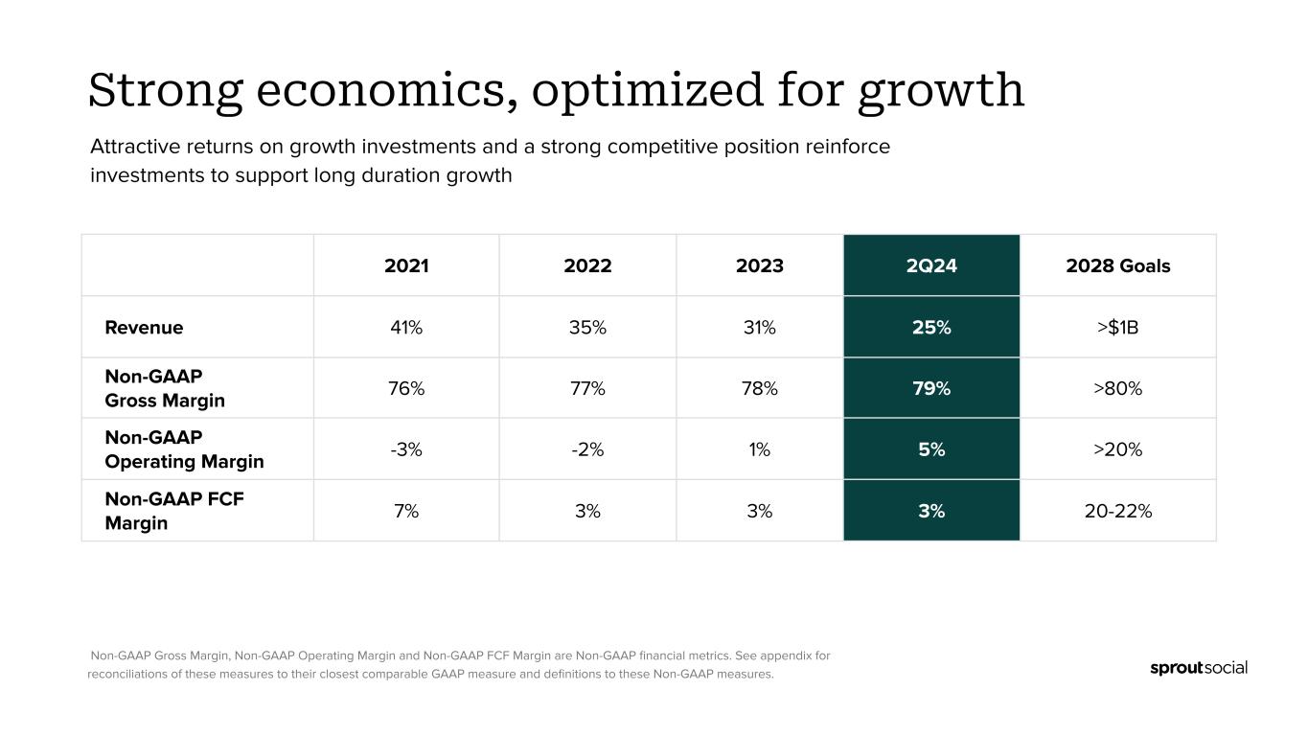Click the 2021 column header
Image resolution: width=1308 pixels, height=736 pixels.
point(406,265)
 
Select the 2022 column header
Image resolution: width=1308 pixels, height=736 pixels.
point(587,265)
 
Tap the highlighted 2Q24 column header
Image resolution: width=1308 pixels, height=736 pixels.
point(931,265)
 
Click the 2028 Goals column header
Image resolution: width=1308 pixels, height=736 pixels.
point(1118,265)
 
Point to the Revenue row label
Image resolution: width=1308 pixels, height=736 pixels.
point(144,327)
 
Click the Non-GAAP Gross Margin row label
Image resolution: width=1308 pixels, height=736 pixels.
point(165,388)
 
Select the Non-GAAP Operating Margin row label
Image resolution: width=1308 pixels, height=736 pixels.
point(184,449)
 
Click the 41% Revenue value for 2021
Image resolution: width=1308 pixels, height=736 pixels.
point(406,327)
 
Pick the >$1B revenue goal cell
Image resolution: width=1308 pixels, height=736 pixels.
point(1118,327)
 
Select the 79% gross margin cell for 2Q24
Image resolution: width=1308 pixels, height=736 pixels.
point(931,388)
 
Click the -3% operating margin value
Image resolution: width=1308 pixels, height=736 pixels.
point(406,449)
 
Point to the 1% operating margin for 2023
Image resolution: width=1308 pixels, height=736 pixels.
point(760,449)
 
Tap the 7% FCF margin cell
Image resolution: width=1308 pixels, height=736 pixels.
point(406,511)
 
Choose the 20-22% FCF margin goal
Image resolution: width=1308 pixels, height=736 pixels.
point(1118,511)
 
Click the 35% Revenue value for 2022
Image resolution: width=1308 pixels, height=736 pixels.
point(587,327)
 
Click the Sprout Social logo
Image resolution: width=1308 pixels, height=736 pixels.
point(1198,668)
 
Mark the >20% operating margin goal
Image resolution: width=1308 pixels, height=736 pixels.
point(1118,449)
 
